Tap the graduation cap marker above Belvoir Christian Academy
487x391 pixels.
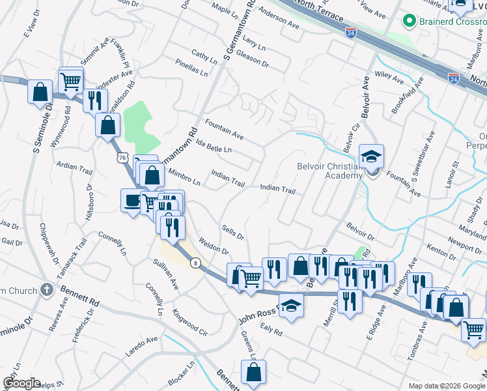(371, 156)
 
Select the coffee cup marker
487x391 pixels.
(132, 200)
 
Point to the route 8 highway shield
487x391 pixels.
(195, 263)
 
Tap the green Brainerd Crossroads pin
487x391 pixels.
(410, 22)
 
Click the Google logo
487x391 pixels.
(21, 383)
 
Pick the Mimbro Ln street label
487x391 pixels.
(184, 175)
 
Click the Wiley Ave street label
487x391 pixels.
(389, 77)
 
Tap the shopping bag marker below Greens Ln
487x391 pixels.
(254, 373)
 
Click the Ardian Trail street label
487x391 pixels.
(76, 167)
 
